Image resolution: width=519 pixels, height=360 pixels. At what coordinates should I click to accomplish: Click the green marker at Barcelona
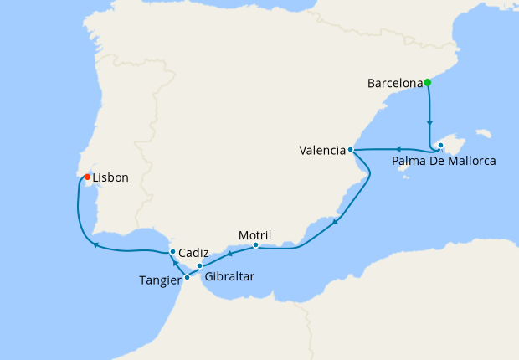427,82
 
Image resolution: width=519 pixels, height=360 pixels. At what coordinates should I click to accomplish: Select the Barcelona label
394,83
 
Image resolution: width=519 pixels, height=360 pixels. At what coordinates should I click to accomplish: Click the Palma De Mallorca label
444,161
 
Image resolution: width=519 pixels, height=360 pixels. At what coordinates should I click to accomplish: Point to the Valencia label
322,151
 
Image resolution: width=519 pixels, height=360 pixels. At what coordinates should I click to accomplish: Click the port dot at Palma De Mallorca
440,146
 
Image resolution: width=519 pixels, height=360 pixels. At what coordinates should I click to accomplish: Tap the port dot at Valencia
351,150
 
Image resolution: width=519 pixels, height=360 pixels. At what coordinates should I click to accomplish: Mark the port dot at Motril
255,245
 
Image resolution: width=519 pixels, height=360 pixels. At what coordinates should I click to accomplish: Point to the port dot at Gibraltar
199,265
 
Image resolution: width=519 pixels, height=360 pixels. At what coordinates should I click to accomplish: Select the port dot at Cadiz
172,251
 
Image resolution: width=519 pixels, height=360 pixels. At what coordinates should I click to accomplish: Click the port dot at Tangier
186,276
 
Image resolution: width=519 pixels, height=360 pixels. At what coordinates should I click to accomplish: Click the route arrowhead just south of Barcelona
429,121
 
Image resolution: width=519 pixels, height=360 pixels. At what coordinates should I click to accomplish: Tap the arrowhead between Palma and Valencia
397,149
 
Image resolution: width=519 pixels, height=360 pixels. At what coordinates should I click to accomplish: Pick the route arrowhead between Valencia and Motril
335,222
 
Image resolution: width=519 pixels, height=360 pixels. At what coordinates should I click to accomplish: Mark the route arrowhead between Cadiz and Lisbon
95,245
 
